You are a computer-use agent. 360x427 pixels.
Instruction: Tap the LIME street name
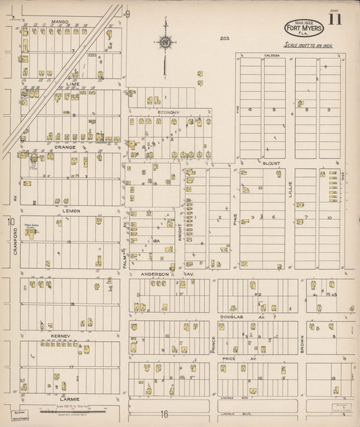click(x=73, y=84)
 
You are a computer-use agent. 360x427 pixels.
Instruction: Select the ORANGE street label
click(x=65, y=147)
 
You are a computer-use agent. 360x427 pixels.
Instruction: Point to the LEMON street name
click(x=72, y=210)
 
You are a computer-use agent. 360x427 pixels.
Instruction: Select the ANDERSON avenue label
click(x=155, y=274)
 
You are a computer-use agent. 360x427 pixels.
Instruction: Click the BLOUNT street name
click(x=272, y=163)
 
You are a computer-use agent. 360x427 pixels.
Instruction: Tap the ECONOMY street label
click(x=168, y=111)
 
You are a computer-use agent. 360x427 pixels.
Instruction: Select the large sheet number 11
click(x=335, y=20)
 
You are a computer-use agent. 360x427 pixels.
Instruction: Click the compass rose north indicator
click(x=164, y=43)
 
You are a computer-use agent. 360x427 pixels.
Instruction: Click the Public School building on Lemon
click(x=32, y=232)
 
